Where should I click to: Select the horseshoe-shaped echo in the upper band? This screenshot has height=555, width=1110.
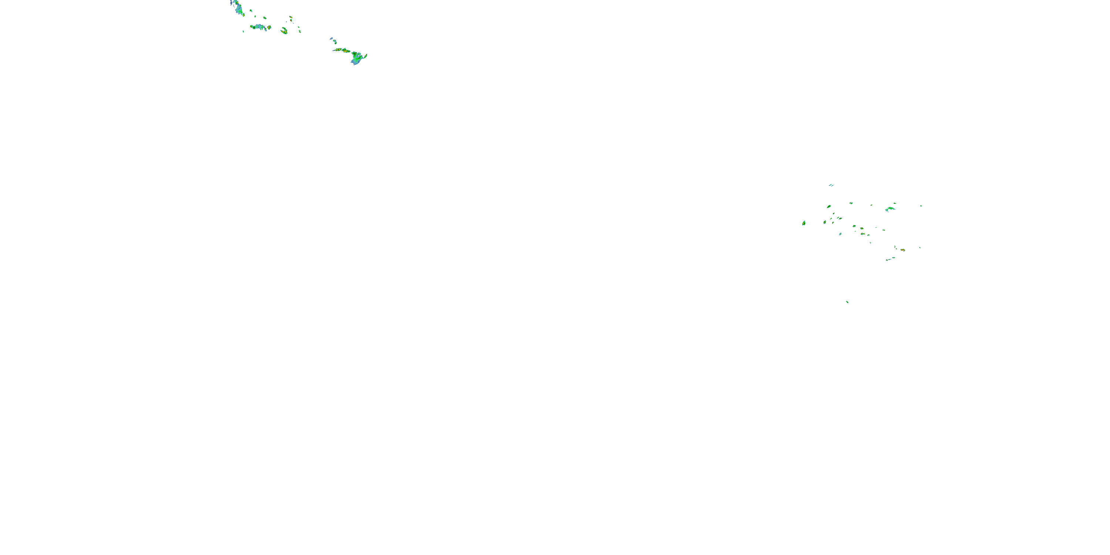pyautogui.click(x=284, y=31)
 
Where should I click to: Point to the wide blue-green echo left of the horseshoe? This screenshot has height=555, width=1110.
pyautogui.click(x=260, y=27)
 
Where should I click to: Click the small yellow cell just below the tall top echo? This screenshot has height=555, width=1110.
pyautogui.click(x=243, y=15)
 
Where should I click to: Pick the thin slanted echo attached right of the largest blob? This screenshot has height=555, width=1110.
pyautogui.click(x=365, y=55)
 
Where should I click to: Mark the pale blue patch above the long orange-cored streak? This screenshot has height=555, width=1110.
pyautogui.click(x=332, y=40)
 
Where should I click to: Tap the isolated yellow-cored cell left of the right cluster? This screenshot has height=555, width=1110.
pyautogui.click(x=804, y=223)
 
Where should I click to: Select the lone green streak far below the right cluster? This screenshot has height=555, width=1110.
pyautogui.click(x=847, y=302)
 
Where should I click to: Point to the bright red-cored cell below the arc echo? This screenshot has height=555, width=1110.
pyautogui.click(x=902, y=250)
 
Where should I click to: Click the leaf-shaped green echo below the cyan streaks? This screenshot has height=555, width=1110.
pyautogui.click(x=829, y=207)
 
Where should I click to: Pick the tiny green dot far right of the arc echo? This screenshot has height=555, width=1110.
pyautogui.click(x=921, y=206)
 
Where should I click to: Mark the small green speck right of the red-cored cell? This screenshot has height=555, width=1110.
pyautogui.click(x=920, y=247)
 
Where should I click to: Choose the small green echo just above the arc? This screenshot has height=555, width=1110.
pyautogui.click(x=895, y=203)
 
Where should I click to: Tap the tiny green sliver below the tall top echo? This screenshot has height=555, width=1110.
pyautogui.click(x=243, y=31)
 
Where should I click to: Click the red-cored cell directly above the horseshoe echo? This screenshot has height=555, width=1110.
pyautogui.click(x=291, y=18)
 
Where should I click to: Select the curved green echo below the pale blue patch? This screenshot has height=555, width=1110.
pyautogui.click(x=335, y=43)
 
